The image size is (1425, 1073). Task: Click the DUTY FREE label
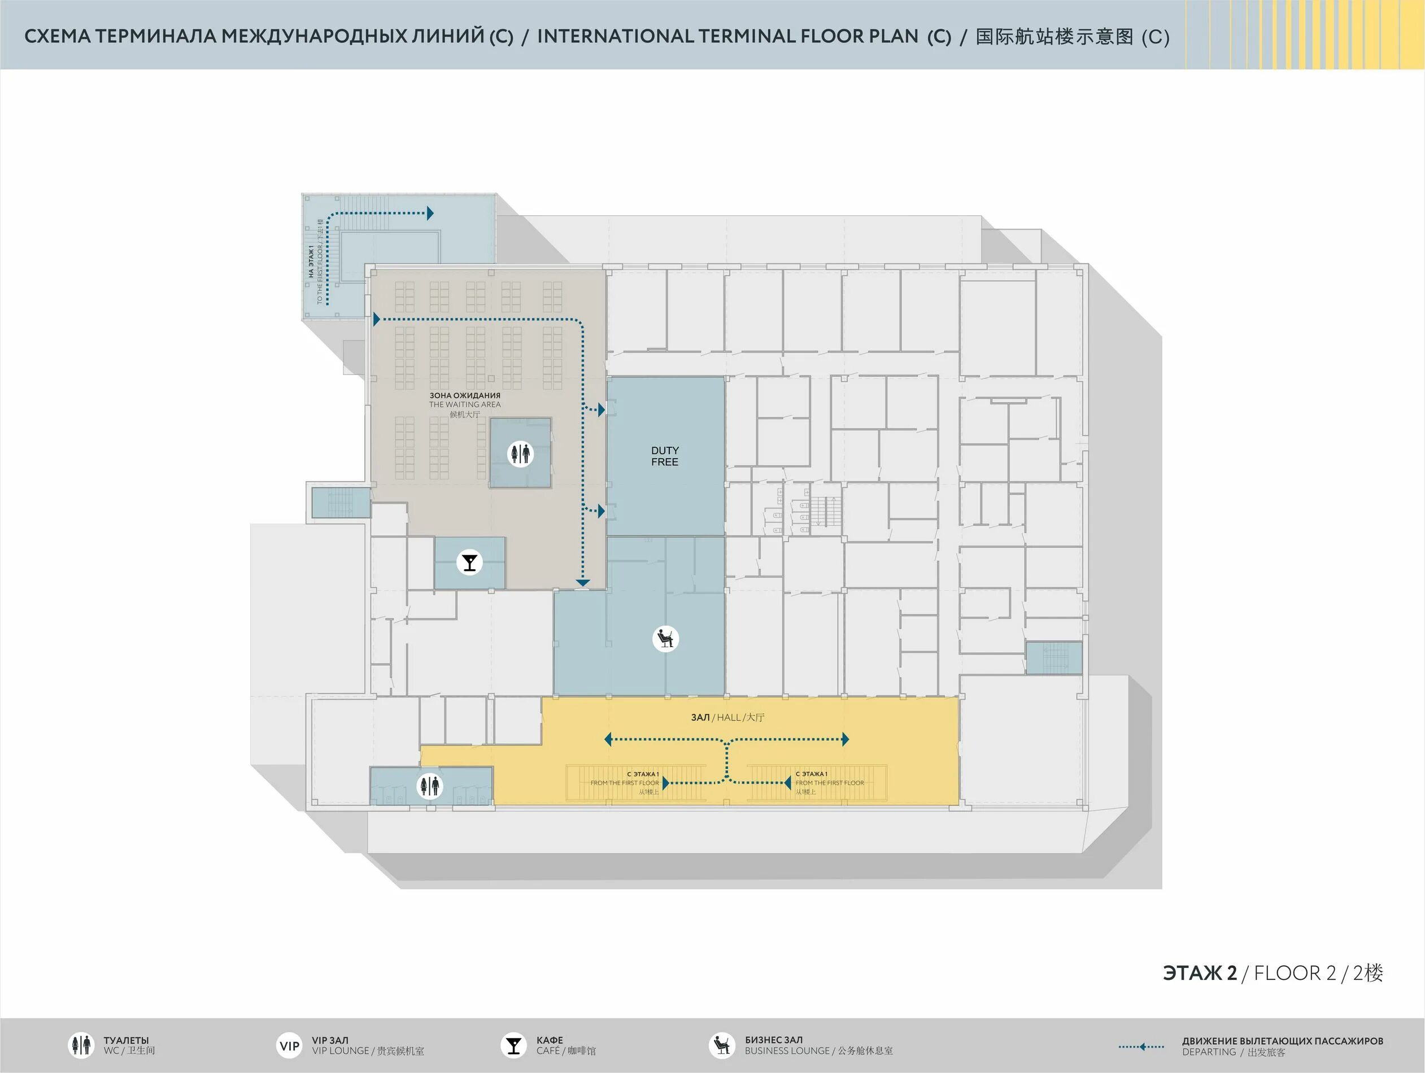[664, 456]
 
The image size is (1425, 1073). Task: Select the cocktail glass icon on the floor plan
[469, 562]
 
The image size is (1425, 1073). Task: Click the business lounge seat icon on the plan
[665, 638]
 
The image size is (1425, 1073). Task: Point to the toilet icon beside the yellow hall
[429, 786]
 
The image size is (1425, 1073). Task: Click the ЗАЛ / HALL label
[727, 717]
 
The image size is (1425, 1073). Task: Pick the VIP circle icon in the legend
[289, 1045]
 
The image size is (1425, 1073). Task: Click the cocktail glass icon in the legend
[513, 1045]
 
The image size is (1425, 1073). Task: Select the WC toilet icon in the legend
[81, 1045]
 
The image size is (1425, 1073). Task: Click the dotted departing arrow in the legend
[1141, 1046]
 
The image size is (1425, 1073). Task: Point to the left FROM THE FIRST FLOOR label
[624, 783]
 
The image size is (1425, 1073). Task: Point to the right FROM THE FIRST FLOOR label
[830, 783]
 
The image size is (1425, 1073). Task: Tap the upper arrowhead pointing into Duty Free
[602, 409]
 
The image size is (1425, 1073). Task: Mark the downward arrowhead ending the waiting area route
[583, 583]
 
